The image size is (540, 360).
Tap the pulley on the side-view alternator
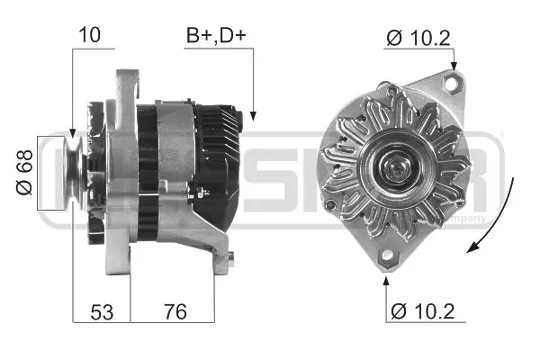pos(75,173)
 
